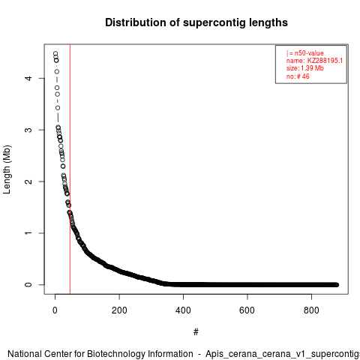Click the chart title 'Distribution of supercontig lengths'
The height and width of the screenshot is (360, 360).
196,23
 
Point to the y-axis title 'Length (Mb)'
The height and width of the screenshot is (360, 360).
7,169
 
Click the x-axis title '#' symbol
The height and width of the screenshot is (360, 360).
196,332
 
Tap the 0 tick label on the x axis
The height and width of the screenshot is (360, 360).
55,310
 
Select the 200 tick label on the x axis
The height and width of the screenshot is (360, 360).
119,310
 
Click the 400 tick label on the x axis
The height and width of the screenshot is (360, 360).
183,310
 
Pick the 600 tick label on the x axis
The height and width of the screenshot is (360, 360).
247,310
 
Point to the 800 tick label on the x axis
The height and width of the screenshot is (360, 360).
311,310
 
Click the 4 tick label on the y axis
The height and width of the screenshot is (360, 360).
28,78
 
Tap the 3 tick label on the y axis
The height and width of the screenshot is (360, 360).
28,130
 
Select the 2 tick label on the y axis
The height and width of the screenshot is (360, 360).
28,181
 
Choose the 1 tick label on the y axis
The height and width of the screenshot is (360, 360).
28,233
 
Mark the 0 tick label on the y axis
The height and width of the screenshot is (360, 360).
28,285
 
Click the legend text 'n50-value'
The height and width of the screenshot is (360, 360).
309,53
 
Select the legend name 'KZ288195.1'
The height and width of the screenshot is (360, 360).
325,61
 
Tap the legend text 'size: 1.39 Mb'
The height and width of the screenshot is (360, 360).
305,68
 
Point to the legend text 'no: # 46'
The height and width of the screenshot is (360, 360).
298,76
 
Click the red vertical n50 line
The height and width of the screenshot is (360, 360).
70,169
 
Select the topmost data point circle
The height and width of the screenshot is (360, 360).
55,54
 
